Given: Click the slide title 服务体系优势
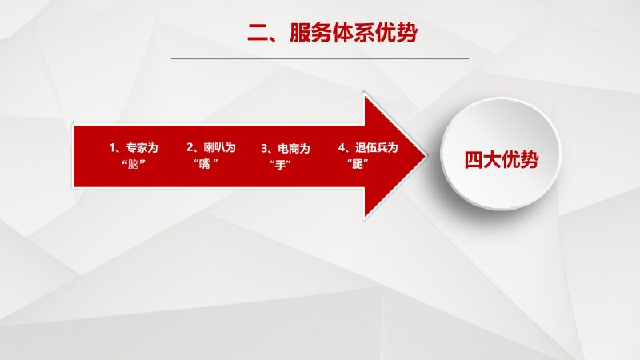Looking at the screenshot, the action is [354, 32].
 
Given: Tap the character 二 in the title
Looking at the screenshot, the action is [258, 33].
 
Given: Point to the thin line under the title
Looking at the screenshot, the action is [319, 58].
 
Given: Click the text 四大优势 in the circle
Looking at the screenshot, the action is [502, 159].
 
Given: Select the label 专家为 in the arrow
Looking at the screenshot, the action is [142, 147].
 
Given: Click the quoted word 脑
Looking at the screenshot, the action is [134, 164].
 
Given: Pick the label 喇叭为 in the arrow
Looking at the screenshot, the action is [220, 147].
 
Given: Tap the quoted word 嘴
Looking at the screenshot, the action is [205, 164].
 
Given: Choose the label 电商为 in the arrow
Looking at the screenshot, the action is [294, 148].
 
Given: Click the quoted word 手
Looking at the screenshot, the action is [280, 165].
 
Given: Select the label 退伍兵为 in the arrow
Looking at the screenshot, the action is [376, 147].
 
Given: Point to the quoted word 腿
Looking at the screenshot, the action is [358, 164].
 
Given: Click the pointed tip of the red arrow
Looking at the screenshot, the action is [427, 156].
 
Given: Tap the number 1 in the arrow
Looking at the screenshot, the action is [112, 147].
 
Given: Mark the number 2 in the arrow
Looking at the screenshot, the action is [190, 147].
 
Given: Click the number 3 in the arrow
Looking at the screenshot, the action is [265, 148].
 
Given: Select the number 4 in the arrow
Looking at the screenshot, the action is [342, 147].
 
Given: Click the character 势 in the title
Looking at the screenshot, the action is [407, 32].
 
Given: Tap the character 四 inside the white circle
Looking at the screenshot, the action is [474, 159].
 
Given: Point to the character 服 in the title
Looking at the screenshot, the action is [300, 33].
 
